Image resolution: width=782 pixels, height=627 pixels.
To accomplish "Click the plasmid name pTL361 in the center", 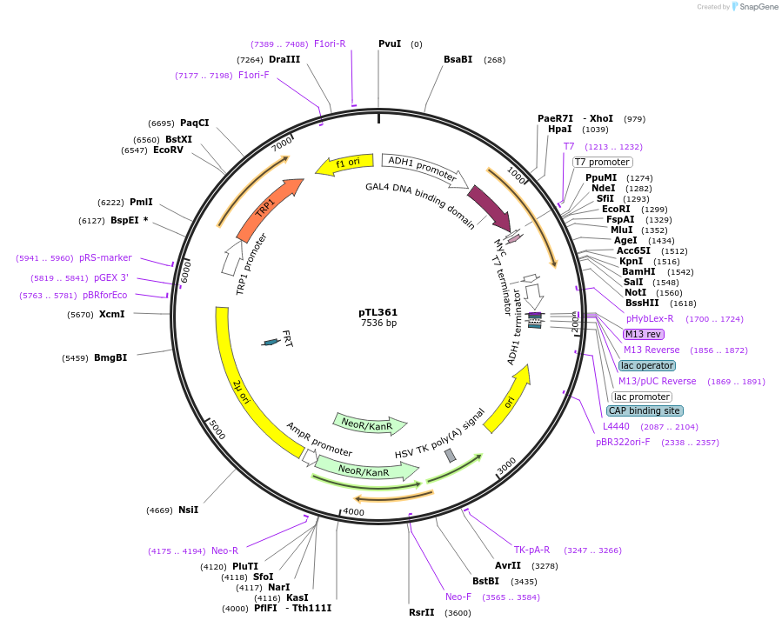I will pos(378,312).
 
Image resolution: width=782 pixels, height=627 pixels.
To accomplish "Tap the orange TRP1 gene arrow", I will pos(268,209).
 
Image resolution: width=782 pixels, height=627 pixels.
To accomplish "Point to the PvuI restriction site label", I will pos(390,43).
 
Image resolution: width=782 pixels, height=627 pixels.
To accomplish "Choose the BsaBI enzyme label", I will pos(458,59).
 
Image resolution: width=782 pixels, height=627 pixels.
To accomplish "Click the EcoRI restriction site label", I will pos(616,209).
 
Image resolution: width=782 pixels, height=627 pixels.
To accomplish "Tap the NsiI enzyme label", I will pos(188,510).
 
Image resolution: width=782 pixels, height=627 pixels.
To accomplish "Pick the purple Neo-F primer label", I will pos(458,597).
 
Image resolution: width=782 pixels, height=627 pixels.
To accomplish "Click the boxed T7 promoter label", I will pos(602,162).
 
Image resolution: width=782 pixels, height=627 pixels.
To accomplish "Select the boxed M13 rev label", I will pos(643,334).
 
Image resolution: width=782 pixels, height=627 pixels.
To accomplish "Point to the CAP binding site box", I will pos(645,410).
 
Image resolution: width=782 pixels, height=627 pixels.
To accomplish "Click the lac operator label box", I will pos(646,365).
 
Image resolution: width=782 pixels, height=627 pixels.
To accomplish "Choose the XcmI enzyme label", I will pos(111,314).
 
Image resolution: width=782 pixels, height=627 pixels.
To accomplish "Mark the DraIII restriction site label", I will pos(284,59).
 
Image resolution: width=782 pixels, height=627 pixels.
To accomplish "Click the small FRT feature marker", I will pos(271,342).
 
